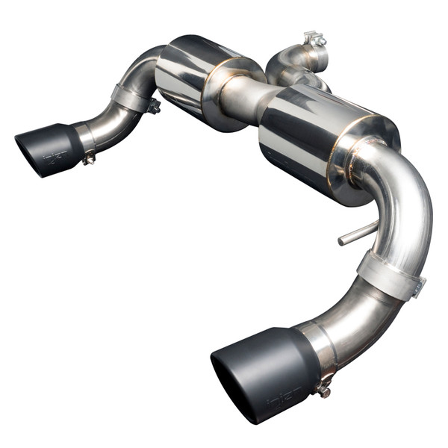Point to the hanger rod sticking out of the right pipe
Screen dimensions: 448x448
click(x=352, y=238)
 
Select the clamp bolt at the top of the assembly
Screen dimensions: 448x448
click(x=314, y=39)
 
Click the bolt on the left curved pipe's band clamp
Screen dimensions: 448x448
click(x=154, y=106)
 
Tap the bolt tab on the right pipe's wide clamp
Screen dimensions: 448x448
click(x=419, y=285)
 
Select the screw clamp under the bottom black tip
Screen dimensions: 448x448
click(x=324, y=388)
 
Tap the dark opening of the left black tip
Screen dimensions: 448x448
click(x=28, y=153)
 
